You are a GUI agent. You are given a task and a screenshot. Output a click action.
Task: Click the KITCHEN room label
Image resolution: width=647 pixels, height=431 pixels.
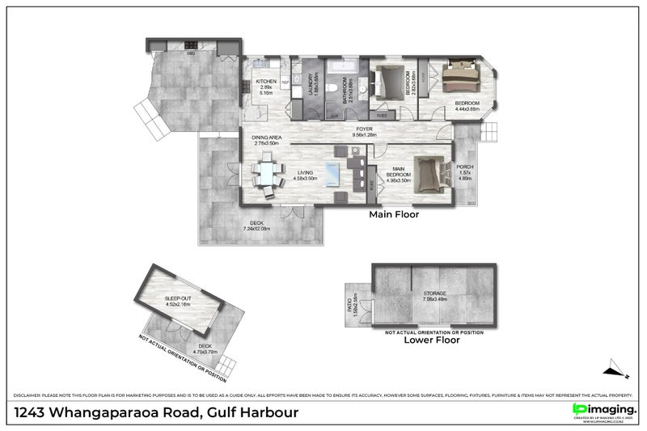click(x=267, y=82)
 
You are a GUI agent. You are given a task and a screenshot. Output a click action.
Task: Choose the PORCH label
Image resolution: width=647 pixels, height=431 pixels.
click(x=465, y=167)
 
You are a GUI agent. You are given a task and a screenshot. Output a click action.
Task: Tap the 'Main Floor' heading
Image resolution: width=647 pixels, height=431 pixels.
click(x=393, y=215)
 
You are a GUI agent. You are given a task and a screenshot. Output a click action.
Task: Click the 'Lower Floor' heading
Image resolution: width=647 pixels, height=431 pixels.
click(x=431, y=340)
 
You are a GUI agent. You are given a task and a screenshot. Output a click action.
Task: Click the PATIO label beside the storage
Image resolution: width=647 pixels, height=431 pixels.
click(x=350, y=303)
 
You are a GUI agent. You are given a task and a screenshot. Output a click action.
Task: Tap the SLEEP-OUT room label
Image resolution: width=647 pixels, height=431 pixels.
click(x=179, y=298)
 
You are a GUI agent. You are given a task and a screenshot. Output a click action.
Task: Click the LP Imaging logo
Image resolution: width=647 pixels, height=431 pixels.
click(x=603, y=410)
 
